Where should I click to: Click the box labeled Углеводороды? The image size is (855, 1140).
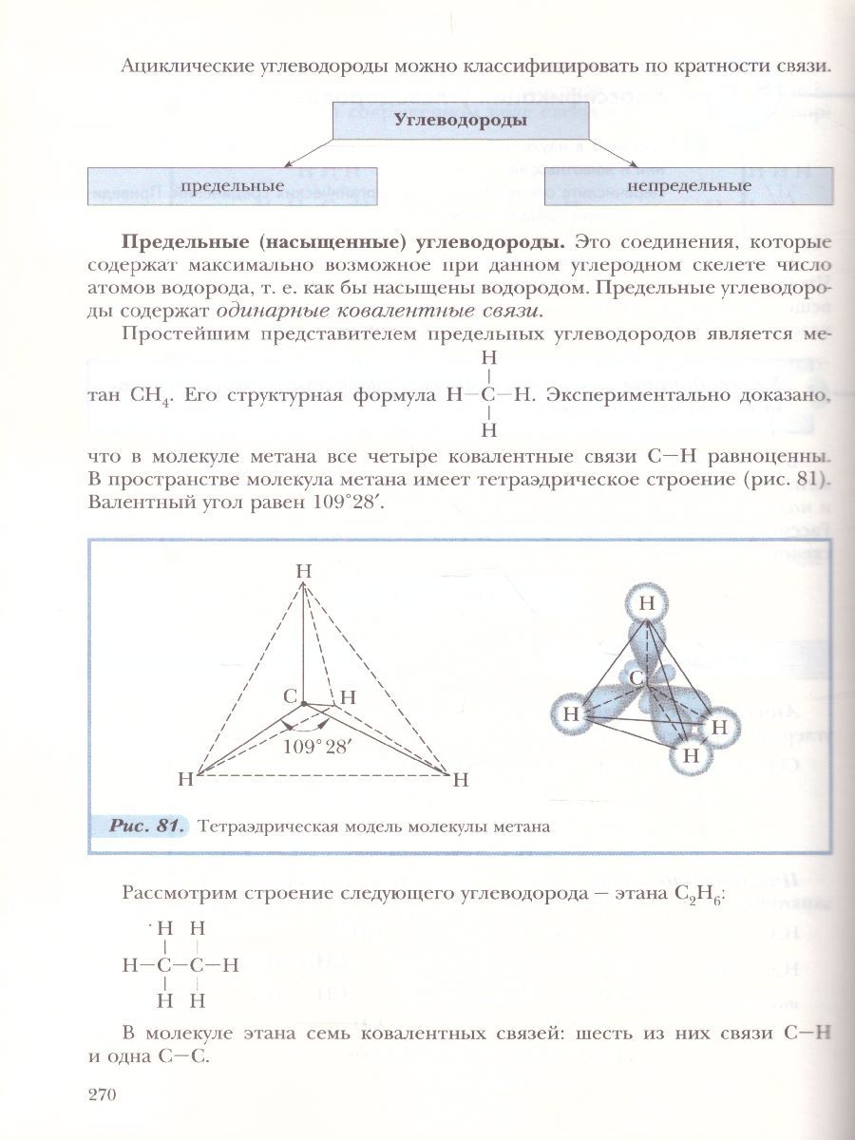pyautogui.click(x=461, y=121)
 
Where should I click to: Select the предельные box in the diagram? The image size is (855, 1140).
pyautogui.click(x=233, y=185)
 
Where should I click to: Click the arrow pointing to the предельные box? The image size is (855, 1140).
pyautogui.click(x=309, y=151)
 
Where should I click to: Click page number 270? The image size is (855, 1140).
pyautogui.click(x=101, y=1094)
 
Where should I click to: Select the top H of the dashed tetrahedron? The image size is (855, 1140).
pyautogui.click(x=303, y=571)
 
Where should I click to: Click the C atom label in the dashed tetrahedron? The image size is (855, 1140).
pyautogui.click(x=290, y=696)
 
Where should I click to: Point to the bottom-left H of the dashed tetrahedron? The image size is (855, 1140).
pyautogui.click(x=185, y=780)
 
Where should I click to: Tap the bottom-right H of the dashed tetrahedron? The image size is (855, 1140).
pyautogui.click(x=461, y=781)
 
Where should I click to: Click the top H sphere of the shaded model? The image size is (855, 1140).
pyautogui.click(x=647, y=602)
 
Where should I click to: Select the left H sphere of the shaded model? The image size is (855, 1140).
pyautogui.click(x=571, y=712)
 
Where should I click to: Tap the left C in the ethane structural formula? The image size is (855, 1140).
pyautogui.click(x=165, y=965)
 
